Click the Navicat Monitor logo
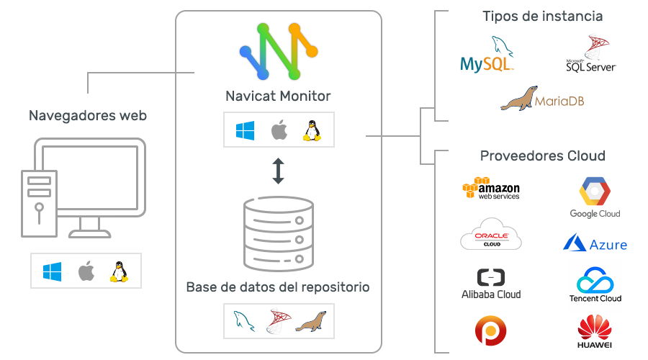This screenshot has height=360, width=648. click(x=279, y=51)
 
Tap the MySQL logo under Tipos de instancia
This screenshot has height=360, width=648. click(x=487, y=55)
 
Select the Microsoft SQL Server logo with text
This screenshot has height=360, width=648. click(x=591, y=54)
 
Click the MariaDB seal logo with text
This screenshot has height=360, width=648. click(x=542, y=99)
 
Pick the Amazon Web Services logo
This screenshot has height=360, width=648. click(x=491, y=189)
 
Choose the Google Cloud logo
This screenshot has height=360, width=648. click(x=595, y=197)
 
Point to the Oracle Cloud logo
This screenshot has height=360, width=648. click(x=491, y=234)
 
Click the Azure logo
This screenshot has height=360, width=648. click(x=595, y=243)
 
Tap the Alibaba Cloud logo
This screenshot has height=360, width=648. click(x=491, y=284)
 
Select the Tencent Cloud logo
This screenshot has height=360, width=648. click(x=595, y=285)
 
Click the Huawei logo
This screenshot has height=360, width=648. click(x=595, y=331)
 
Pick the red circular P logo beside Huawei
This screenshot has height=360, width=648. click(x=490, y=330)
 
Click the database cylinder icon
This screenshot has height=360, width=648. click(x=279, y=234)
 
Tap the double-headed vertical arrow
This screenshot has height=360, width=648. click(x=278, y=171)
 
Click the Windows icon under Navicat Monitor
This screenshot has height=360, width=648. click(x=245, y=130)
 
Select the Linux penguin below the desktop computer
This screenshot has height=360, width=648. click(x=119, y=271)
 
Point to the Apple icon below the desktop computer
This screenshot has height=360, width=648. click(x=86, y=271)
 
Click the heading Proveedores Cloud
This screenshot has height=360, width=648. click(x=543, y=156)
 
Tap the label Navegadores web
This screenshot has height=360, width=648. click(x=88, y=115)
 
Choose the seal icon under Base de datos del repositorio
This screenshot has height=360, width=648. click(x=311, y=322)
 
